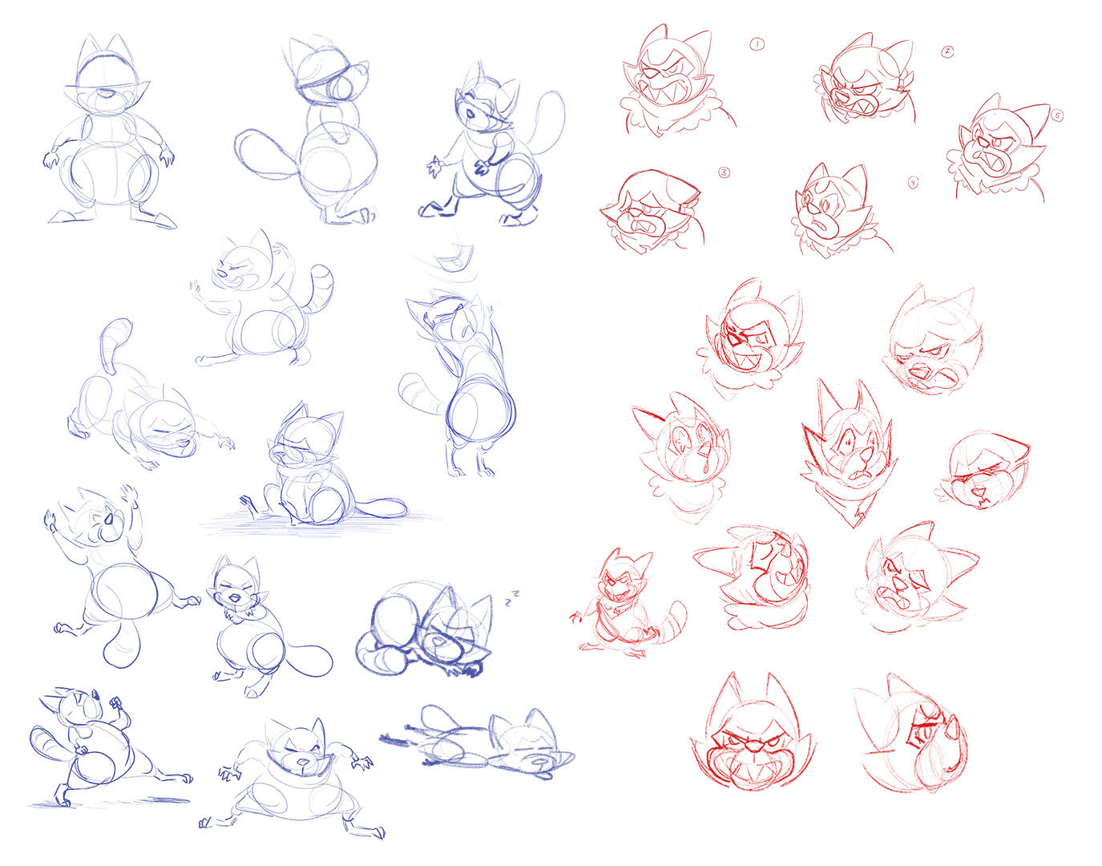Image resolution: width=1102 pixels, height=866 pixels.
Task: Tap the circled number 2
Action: (x=947, y=51)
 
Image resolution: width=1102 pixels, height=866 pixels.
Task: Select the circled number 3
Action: (x=724, y=173)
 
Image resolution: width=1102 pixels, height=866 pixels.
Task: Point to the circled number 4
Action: (x=914, y=184)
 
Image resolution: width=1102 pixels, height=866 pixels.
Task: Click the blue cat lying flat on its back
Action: (x=479, y=743)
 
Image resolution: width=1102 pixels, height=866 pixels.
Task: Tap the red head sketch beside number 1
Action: (x=677, y=81)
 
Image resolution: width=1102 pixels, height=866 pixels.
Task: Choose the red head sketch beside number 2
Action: (x=866, y=80)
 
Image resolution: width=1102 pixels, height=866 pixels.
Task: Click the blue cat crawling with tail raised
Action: (x=147, y=401)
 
